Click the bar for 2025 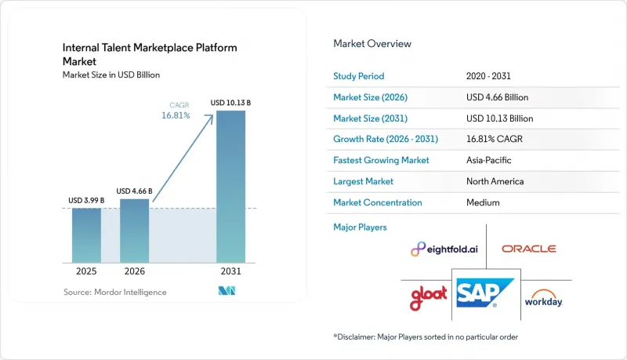tap(86, 235)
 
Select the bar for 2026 tap(134, 231)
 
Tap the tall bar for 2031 tap(230, 187)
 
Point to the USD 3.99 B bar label tap(86, 201)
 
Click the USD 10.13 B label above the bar tap(230, 103)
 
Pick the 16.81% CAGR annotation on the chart tap(176, 111)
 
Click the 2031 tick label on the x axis tap(230, 271)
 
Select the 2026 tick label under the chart tap(134, 271)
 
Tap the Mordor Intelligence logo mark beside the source tap(227, 291)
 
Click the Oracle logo tap(528, 249)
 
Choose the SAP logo tap(485, 293)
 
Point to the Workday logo tap(544, 298)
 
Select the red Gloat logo tap(428, 297)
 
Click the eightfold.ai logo tap(444, 249)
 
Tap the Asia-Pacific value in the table tap(488, 161)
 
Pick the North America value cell tap(495, 182)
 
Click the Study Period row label tap(359, 76)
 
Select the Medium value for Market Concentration tap(483, 203)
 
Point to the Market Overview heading tap(372, 44)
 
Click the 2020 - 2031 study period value tap(488, 76)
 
